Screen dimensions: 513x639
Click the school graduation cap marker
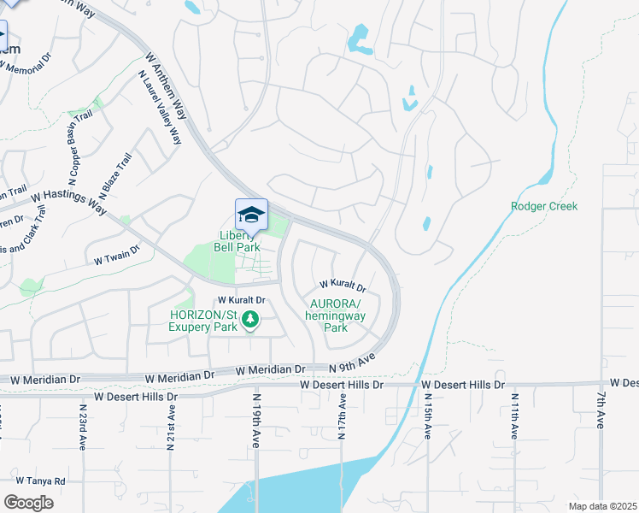coord(251,215)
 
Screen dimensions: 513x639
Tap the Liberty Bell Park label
coord(238,242)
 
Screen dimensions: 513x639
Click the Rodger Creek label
coord(544,206)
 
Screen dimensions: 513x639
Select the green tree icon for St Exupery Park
coord(250,321)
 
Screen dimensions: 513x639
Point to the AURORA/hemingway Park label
coord(337,315)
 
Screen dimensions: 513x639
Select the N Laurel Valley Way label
coord(161,107)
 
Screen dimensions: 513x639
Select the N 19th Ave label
coord(255,420)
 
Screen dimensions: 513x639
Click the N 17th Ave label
coord(341,417)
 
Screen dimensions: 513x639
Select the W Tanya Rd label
coord(40,481)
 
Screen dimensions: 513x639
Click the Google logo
coord(28,502)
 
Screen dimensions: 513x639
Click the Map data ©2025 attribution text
coord(601,506)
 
